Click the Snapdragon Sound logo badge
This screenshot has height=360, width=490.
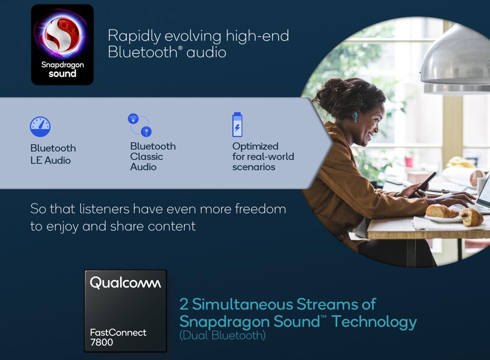pyautogui.click(x=62, y=44)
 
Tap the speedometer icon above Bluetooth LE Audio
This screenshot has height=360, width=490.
pyautogui.click(x=40, y=127)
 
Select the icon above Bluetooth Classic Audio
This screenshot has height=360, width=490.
pyautogui.click(x=140, y=125)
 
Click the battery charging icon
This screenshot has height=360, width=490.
pyautogui.click(x=237, y=124)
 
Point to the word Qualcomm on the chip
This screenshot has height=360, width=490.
pyautogui.click(x=126, y=283)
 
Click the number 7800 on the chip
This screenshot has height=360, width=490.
pyautogui.click(x=102, y=342)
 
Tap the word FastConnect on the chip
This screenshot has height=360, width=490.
pyautogui.click(x=118, y=332)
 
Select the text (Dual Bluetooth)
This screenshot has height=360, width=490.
pyautogui.click(x=222, y=335)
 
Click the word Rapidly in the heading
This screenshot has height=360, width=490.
pyautogui.click(x=135, y=36)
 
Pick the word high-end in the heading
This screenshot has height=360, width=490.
pyautogui.click(x=257, y=36)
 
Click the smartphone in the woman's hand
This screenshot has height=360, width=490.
pyautogui.click(x=423, y=185)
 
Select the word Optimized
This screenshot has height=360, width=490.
pyautogui.click(x=255, y=147)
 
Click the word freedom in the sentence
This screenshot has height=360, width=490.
pyautogui.click(x=260, y=209)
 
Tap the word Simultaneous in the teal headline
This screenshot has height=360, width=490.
pyautogui.click(x=242, y=304)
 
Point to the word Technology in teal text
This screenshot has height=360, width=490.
pyautogui.click(x=374, y=322)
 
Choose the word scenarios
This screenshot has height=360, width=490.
pyautogui.click(x=254, y=167)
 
